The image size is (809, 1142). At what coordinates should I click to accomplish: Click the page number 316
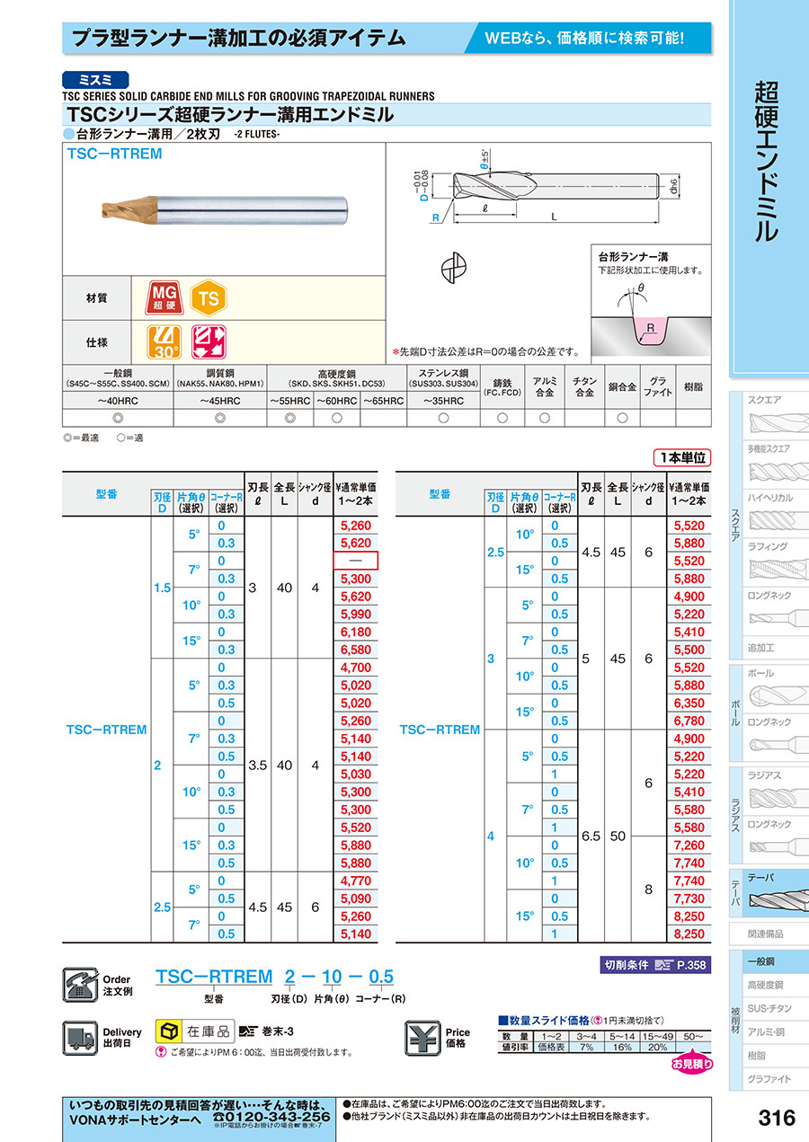(777, 1117)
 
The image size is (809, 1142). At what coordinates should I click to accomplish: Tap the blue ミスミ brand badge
(96, 79)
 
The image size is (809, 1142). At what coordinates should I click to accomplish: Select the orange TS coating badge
(209, 298)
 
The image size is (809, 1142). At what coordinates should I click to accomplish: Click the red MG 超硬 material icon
(164, 298)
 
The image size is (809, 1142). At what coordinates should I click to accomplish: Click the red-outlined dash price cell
(355, 561)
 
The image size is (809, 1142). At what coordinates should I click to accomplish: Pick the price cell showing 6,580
(355, 650)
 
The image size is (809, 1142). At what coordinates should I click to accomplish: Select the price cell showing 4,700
(355, 668)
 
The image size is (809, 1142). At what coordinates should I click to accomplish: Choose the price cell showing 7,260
(688, 845)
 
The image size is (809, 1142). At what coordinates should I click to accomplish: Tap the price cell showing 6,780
(688, 721)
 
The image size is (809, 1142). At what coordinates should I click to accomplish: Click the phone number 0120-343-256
(271, 1116)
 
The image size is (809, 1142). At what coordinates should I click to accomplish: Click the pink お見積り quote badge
(692, 1064)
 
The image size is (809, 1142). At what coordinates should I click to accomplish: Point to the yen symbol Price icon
(423, 1038)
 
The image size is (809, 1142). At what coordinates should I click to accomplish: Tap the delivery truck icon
(80, 1038)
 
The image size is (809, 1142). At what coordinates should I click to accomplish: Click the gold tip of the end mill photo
(120, 212)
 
